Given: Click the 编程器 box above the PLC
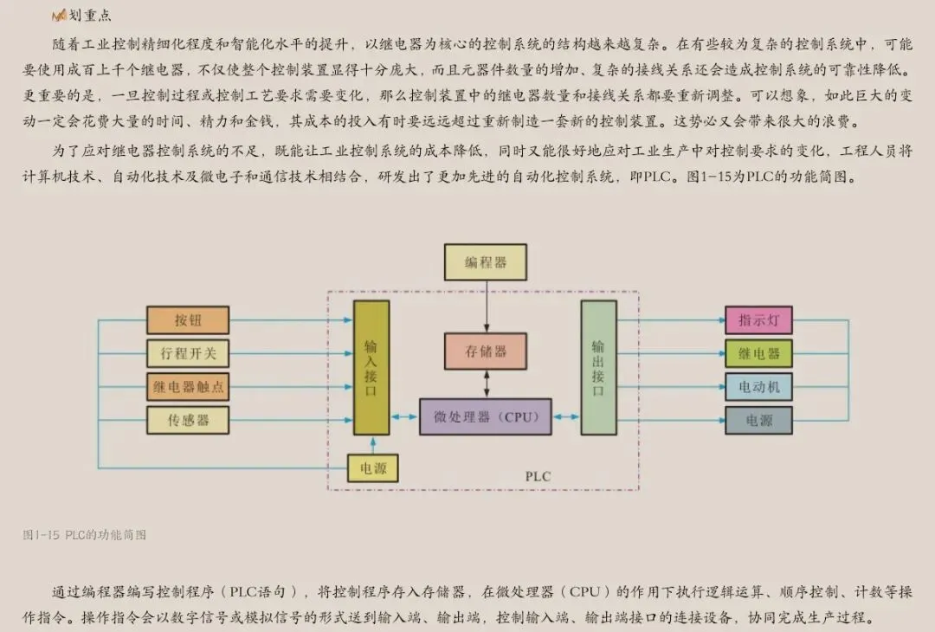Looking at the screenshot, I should coord(485,261).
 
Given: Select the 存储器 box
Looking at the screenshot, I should coord(485,352).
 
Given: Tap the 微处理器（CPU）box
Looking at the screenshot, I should coord(485,417).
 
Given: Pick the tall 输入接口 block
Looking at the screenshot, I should coord(371,367).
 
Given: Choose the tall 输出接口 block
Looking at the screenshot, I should coord(598,367).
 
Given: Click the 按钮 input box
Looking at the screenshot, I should coord(188,320).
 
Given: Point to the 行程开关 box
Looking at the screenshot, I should coord(188,353).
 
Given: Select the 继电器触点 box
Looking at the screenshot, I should coord(188,387).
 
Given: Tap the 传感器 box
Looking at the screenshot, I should coord(188,420).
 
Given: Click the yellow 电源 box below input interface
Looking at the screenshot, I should coord(373,468).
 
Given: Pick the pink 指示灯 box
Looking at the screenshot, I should coord(758,320).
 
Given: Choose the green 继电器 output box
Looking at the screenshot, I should coord(758,353).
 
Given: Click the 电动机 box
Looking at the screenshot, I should coord(758,387).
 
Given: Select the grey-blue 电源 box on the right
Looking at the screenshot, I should coord(758,420).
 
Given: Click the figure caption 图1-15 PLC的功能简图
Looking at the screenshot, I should coord(84,535).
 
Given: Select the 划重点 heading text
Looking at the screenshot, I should coord(90,16).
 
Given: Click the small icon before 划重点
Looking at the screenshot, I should coord(59,16).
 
